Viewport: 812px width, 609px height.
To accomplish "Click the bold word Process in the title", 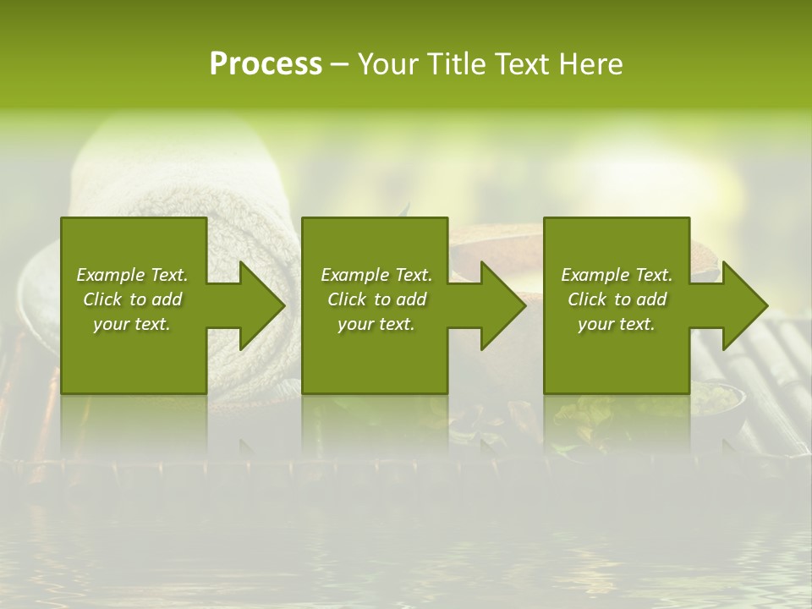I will point(266,64).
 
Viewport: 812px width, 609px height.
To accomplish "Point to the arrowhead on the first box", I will point(259,305).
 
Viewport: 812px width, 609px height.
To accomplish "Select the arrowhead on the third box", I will point(743,305).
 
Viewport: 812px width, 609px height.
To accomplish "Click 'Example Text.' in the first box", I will point(132,275).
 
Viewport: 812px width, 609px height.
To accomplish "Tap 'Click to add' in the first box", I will point(132,299).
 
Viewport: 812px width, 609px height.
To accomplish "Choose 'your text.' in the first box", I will point(132,324).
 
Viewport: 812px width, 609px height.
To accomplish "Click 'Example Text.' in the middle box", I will point(376,275).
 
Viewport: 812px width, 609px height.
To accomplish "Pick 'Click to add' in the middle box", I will point(376,299).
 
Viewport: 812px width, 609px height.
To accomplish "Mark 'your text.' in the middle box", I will point(376,324).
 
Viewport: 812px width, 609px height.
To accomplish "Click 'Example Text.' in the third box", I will point(617,275).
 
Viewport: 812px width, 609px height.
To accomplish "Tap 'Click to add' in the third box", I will point(617,299).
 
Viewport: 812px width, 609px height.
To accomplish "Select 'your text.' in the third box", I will point(617,324).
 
